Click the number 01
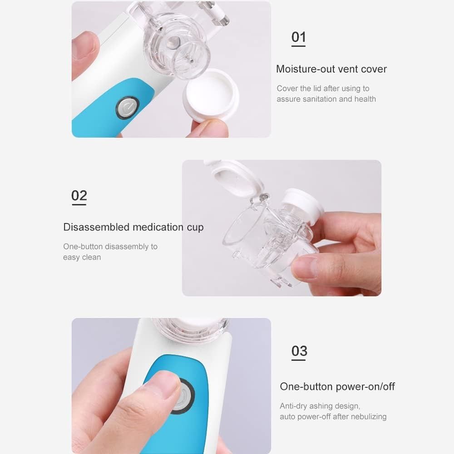tap(298, 37)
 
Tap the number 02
tap(79, 195)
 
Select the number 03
tap(299, 351)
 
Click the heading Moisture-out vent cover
tap(331, 69)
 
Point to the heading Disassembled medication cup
tap(133, 227)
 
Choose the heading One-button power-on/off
tap(337, 386)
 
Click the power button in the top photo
tap(126, 108)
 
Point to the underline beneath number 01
tap(298, 46)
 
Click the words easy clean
tap(82, 257)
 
